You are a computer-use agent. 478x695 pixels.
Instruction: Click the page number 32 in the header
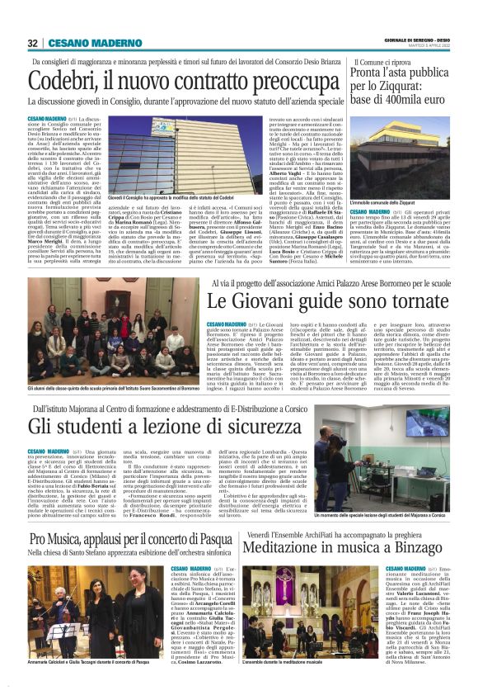click(x=33, y=43)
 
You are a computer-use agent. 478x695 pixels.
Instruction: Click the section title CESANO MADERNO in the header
click(x=89, y=43)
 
